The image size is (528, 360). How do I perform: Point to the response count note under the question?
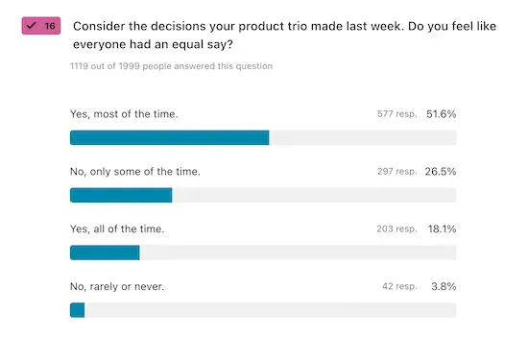(171, 66)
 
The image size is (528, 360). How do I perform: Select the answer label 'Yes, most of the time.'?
(124, 114)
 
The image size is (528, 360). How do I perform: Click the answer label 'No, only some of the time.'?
(134, 172)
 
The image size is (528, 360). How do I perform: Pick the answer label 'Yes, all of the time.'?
(117, 229)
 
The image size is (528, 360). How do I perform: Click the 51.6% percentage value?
(441, 114)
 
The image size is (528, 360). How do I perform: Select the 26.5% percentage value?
(441, 172)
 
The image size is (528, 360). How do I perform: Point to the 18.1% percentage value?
(442, 229)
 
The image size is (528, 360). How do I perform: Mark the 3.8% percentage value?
(444, 287)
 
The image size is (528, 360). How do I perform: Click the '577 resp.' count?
(396, 114)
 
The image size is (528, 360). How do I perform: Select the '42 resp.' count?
(399, 287)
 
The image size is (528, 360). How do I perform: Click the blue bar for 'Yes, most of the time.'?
(169, 137)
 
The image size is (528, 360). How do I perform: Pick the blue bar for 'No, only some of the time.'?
(121, 195)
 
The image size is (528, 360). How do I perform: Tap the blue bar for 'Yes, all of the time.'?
(105, 252)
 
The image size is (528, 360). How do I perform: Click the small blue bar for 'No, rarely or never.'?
(78, 310)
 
